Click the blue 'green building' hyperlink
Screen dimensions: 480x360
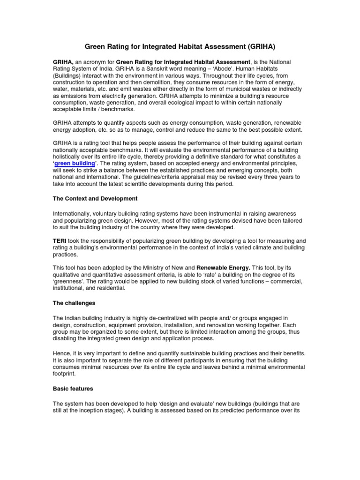coord(75,163)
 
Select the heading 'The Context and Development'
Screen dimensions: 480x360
coord(95,199)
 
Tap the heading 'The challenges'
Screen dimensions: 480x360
coord(74,303)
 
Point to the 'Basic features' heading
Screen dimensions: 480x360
coord(73,389)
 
